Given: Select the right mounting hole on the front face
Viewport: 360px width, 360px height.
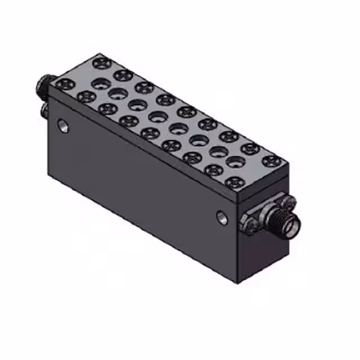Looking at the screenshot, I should click(223, 217).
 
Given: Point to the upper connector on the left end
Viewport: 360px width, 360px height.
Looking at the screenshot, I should click(43, 85).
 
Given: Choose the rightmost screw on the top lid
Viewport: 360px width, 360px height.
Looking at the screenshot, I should click(272, 161).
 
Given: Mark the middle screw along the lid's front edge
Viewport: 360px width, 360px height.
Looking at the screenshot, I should click(150, 133).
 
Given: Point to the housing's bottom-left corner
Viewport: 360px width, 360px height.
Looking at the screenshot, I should click(49, 172).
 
